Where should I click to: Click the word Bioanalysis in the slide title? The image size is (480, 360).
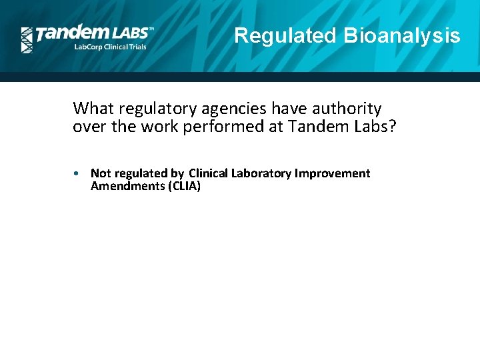tap(401, 35)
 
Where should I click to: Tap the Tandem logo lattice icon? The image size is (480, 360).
tap(27, 40)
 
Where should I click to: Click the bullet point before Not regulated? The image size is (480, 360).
tap(78, 173)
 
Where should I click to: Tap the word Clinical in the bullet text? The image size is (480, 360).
tap(209, 173)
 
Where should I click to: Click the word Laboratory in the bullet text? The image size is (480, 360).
tap(261, 173)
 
